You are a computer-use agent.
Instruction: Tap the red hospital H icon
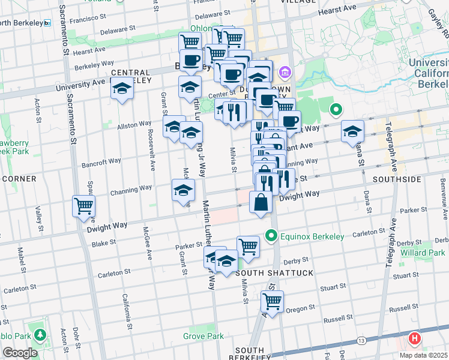(414, 339)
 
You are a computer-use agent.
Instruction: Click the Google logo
(20, 353)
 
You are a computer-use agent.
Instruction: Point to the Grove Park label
(203, 336)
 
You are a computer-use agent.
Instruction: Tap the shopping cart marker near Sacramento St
(83, 206)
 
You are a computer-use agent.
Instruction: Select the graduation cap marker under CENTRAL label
(122, 89)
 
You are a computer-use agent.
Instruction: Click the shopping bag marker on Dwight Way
(261, 202)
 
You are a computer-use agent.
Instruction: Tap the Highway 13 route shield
(361, 341)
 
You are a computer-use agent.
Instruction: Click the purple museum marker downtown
(285, 73)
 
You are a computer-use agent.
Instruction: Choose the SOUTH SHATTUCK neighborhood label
(266, 273)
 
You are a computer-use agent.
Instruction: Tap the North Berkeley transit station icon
(47, 23)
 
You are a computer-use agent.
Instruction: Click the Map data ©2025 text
(424, 355)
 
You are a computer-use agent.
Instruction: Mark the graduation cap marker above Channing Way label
(183, 190)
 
